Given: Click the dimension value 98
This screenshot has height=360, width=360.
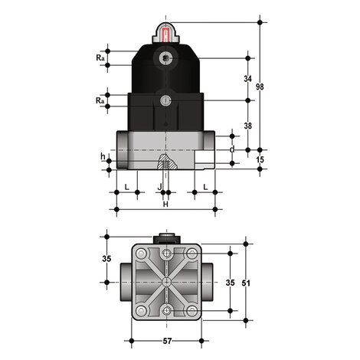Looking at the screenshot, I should [x=260, y=87].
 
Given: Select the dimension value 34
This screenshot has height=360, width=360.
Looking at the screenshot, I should [x=247, y=79].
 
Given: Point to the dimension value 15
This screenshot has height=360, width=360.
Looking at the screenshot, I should [x=260, y=159].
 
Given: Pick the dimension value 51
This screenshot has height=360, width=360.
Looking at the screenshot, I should [x=246, y=283].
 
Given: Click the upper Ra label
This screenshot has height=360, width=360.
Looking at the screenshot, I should [x=100, y=58].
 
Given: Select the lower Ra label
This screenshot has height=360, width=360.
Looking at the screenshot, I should [x=100, y=101].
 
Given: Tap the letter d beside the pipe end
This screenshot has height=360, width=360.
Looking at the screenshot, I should [x=232, y=149].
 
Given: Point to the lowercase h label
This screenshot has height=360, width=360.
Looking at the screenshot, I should [x=103, y=157].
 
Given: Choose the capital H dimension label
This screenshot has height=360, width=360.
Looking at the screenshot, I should [x=165, y=204].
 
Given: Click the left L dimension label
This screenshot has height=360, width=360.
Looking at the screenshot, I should [x=126, y=186].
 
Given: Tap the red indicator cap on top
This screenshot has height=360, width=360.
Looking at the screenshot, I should [x=165, y=32].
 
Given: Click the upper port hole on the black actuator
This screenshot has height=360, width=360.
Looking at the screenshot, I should [x=165, y=58].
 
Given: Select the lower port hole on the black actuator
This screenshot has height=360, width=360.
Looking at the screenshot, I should [x=165, y=101].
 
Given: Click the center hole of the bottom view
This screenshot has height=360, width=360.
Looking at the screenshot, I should [x=166, y=282].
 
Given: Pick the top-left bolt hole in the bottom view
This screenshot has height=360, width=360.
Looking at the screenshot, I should [x=142, y=254].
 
